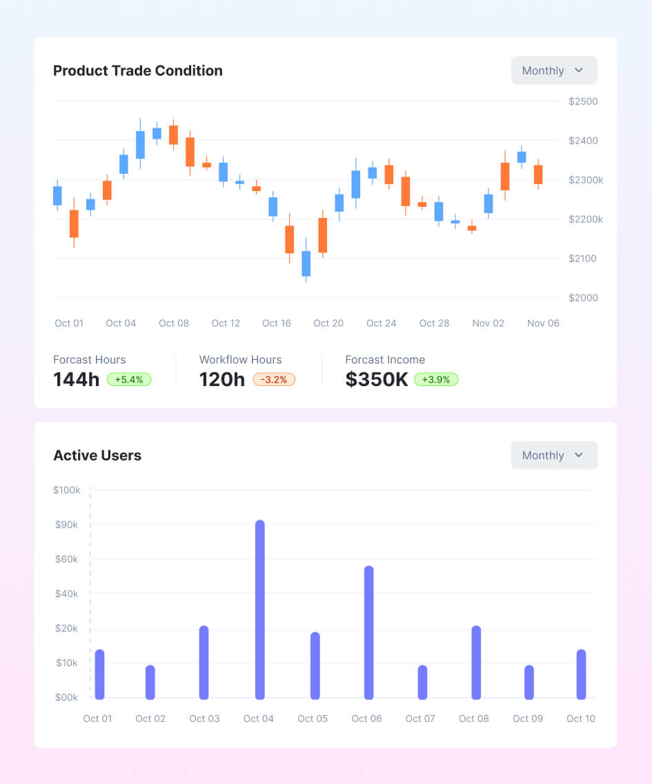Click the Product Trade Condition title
click(137, 71)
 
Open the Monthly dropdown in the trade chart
click(553, 71)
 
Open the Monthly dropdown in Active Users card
click(553, 456)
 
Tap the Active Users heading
click(97, 456)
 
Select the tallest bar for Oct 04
click(259, 610)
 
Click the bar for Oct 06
click(368, 632)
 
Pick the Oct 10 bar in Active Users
click(581, 674)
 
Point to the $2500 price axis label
click(583, 101)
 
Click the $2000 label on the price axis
click(583, 298)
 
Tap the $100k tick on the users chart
click(66, 490)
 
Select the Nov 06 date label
click(543, 323)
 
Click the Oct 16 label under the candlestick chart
click(277, 323)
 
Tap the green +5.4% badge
click(129, 379)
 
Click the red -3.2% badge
click(274, 379)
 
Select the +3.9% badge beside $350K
click(436, 379)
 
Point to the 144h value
click(77, 379)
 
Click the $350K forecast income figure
click(377, 379)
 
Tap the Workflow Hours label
click(240, 360)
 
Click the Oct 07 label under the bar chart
click(420, 718)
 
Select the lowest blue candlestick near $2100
click(306, 263)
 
